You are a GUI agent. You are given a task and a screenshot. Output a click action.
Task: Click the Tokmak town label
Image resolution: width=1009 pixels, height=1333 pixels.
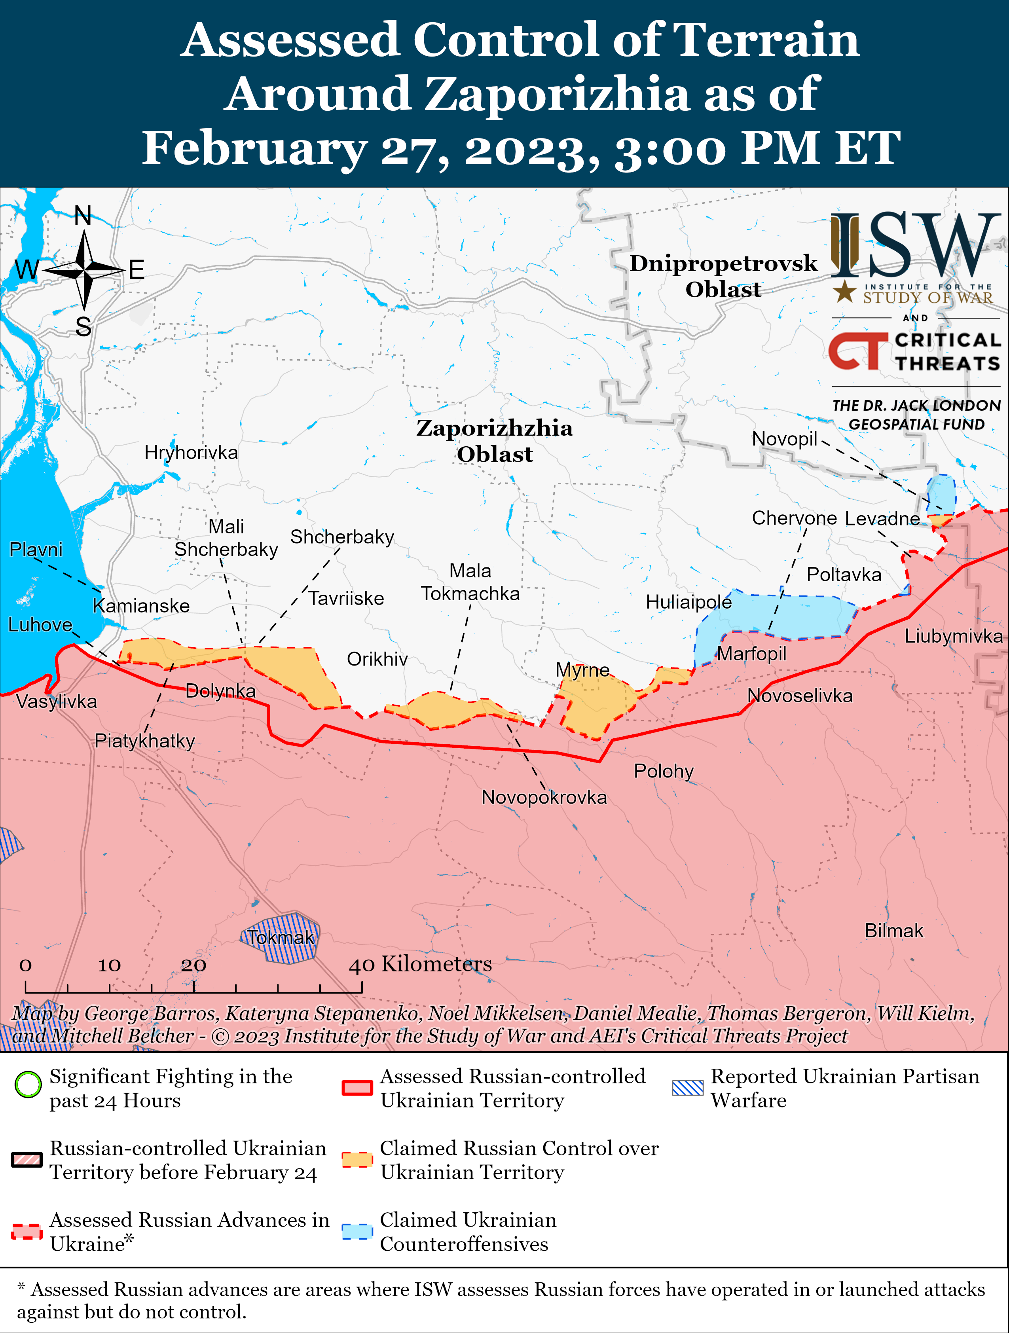click(281, 938)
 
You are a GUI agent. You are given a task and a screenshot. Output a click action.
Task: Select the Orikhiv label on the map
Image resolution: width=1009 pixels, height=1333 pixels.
click(377, 659)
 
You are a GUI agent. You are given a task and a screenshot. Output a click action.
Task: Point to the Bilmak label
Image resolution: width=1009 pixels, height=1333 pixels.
click(894, 931)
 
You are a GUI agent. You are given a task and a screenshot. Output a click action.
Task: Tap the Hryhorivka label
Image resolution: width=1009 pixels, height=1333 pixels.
click(191, 453)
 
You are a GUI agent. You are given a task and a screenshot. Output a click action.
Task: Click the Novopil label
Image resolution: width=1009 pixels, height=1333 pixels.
click(784, 439)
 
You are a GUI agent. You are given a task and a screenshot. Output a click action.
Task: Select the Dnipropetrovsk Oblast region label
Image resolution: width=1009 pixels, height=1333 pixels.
click(723, 276)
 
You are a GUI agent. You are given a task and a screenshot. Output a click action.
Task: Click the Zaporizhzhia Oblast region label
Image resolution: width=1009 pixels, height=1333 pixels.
click(494, 440)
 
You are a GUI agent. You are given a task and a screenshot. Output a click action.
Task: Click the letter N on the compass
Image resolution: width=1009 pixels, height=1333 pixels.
click(83, 216)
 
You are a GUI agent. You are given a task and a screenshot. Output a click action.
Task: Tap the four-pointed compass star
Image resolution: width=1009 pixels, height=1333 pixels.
click(84, 271)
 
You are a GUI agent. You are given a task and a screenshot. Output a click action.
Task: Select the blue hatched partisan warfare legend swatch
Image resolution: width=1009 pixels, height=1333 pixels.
click(688, 1088)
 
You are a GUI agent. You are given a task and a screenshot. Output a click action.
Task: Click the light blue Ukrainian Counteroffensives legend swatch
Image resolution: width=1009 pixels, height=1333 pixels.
click(357, 1232)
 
